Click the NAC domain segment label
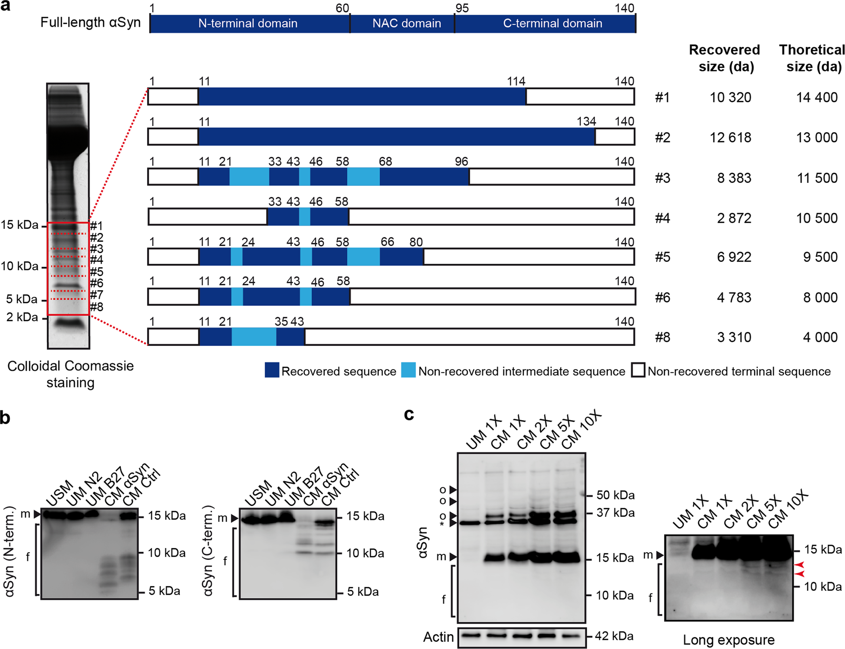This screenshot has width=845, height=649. [406, 23]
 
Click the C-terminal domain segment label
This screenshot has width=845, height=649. [552, 23]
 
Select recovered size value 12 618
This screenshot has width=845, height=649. [730, 138]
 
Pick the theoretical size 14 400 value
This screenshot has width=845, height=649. [816, 97]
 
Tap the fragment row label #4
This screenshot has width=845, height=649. [662, 218]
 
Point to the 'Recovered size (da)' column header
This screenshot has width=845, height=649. [724, 58]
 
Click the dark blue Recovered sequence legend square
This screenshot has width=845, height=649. [272, 370]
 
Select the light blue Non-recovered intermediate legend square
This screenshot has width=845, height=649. [408, 370]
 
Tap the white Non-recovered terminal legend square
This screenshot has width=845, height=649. [638, 370]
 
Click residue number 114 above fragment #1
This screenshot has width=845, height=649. [516, 81]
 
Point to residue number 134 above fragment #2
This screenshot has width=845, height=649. [586, 121]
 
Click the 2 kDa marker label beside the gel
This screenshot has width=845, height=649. [22, 318]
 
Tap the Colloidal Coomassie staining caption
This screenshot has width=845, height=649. [70, 374]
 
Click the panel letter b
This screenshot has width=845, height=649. [5, 418]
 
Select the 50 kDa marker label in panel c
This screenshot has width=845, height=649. [615, 495]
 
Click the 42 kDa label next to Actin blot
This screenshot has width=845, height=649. [614, 636]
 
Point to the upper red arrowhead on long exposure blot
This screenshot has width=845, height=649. [799, 565]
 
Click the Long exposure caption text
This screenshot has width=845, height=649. [728, 640]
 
